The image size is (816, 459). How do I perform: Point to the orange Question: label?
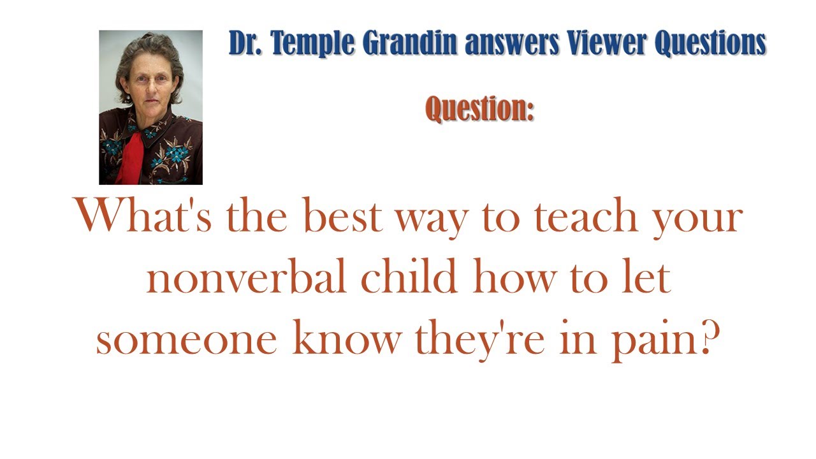(479, 108)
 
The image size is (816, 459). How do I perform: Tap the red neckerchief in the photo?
(133, 156)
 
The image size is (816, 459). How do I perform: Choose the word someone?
(186, 340)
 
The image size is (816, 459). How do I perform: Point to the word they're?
(480, 340)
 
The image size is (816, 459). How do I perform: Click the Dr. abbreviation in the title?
(246, 43)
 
